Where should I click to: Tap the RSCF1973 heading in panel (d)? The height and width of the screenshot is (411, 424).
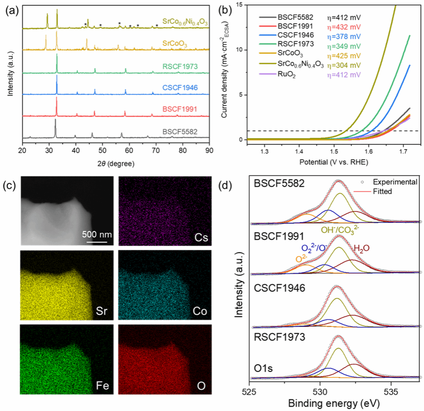[x=279, y=338]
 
